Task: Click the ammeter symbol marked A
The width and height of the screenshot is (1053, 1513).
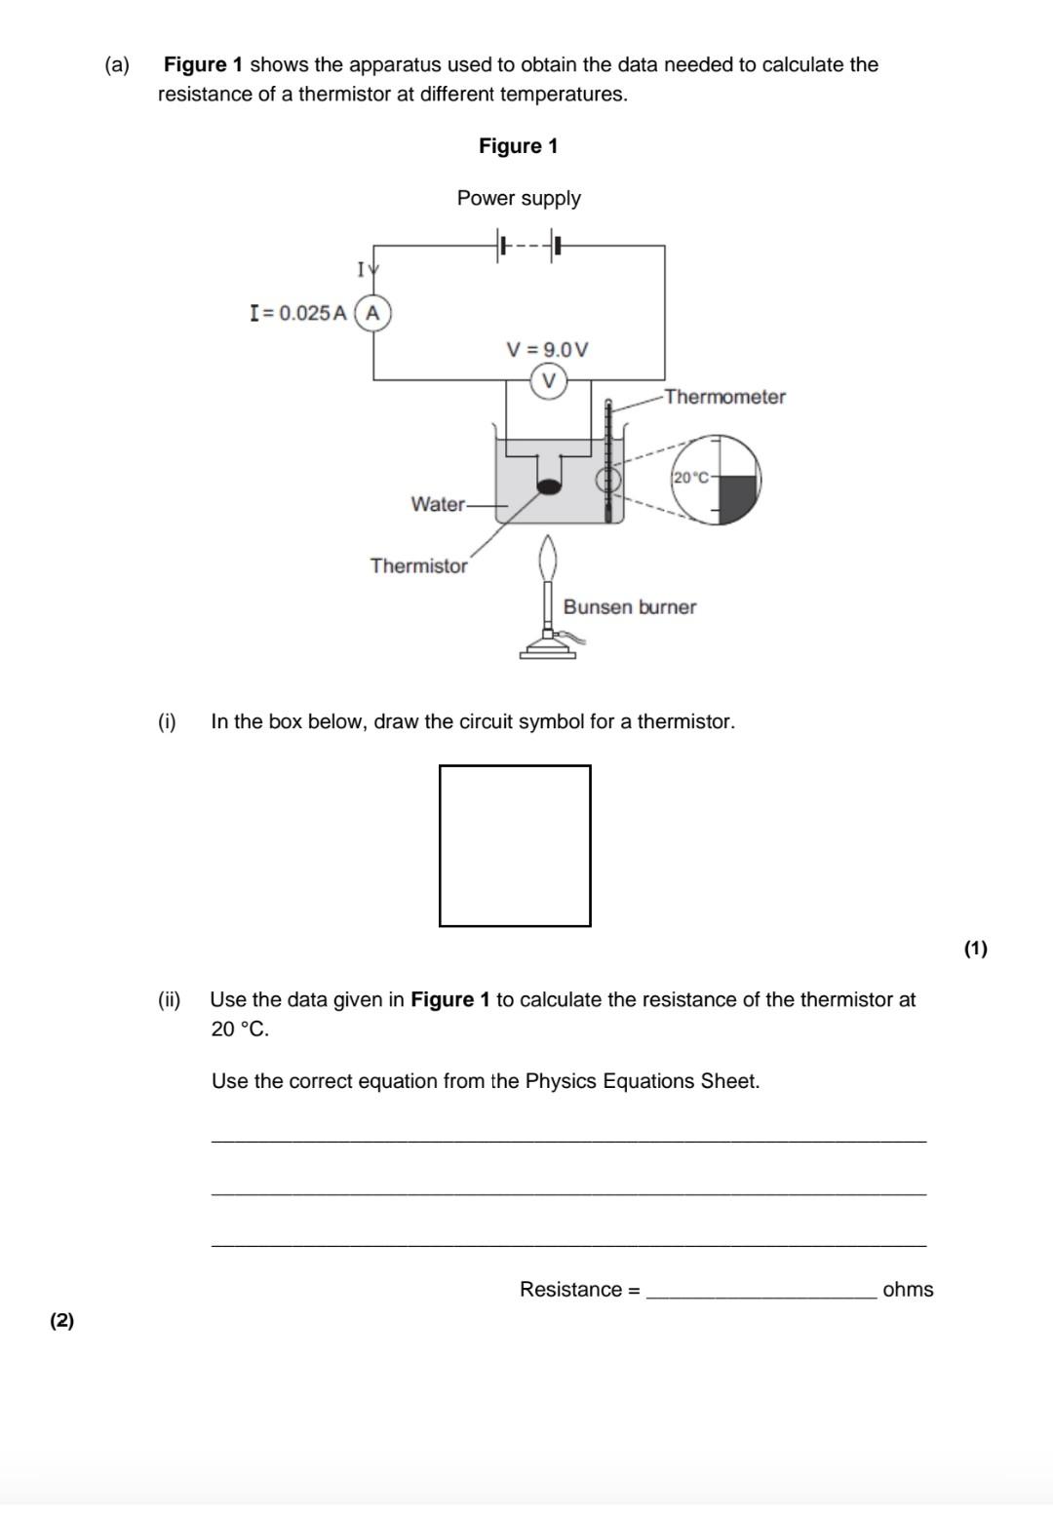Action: tap(372, 314)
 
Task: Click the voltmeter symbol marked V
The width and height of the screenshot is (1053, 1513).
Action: tap(549, 380)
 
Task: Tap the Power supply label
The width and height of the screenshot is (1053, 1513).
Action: tap(519, 198)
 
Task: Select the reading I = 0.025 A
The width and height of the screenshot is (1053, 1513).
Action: tap(298, 314)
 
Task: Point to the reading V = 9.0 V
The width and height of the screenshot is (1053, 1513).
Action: tap(547, 349)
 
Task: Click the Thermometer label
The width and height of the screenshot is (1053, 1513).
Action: tap(724, 397)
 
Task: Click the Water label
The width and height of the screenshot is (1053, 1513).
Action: tap(438, 504)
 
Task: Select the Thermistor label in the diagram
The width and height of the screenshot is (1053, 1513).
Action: tap(418, 565)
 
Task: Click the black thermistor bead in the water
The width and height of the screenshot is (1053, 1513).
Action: tap(550, 485)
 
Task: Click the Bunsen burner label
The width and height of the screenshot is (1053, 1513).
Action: tap(630, 606)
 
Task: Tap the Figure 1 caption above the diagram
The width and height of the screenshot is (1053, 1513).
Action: tap(518, 146)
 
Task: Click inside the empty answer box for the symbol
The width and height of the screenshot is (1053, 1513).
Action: tap(515, 845)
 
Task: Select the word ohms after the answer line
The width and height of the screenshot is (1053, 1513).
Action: tap(908, 1289)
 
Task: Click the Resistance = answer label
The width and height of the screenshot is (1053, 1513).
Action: tap(579, 1289)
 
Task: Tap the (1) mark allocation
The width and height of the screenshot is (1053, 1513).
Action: tap(975, 948)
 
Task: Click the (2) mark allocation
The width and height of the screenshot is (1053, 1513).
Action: tap(61, 1320)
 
